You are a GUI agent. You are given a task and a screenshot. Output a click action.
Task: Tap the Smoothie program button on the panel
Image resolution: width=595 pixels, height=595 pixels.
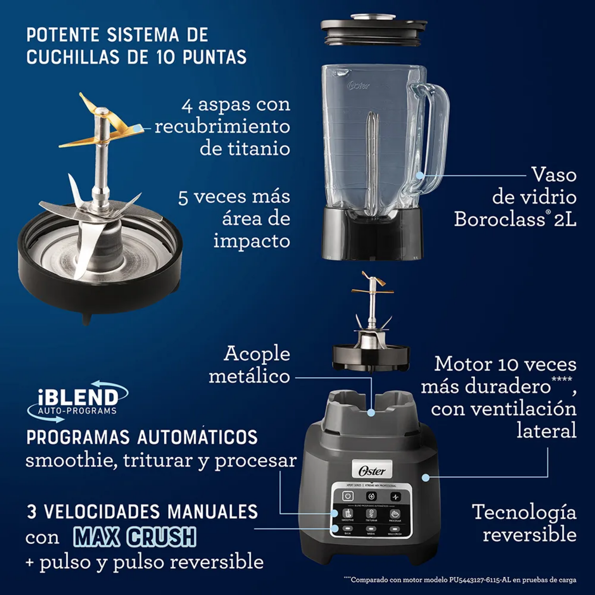[x=348, y=514]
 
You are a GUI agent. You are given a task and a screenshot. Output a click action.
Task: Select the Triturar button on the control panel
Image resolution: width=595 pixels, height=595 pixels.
[x=371, y=514]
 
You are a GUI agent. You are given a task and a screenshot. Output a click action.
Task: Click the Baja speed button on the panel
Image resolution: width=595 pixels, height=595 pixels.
[x=347, y=529]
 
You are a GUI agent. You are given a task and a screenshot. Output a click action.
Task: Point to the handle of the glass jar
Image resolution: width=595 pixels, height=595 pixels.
[x=434, y=131]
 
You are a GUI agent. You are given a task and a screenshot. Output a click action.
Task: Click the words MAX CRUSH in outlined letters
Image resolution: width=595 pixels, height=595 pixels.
[x=135, y=537]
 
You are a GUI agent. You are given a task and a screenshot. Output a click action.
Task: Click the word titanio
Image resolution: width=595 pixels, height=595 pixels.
[x=245, y=149]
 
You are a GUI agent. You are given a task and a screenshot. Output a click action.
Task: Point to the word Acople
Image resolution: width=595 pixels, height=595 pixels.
[x=257, y=353]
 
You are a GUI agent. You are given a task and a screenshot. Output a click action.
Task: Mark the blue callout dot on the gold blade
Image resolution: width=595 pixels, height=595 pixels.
[x=137, y=129]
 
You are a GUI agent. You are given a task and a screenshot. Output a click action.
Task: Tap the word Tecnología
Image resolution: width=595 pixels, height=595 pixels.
[x=524, y=512]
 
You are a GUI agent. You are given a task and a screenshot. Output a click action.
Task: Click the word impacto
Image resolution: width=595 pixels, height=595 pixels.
[x=251, y=241]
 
